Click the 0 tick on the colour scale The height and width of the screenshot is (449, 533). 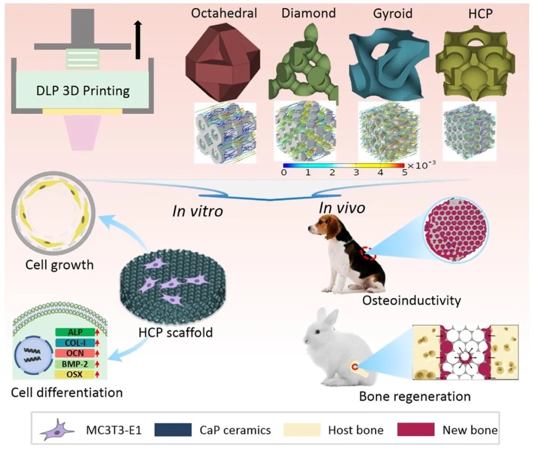284,173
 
